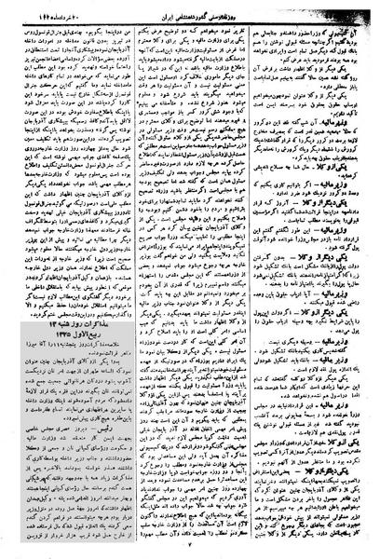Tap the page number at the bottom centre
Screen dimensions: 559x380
[190, 551]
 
